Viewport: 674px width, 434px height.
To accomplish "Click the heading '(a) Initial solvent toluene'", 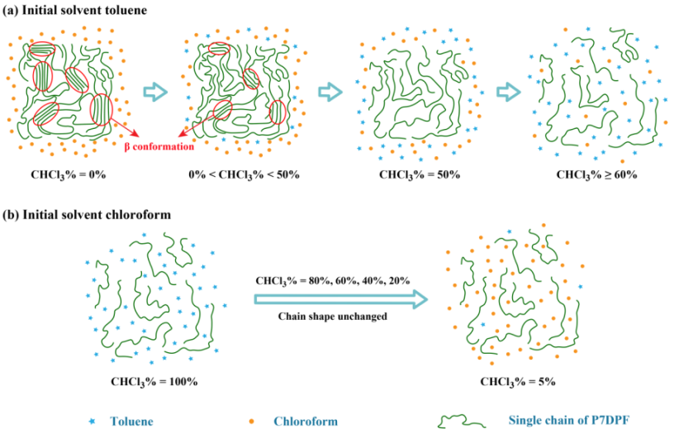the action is tap(75, 10).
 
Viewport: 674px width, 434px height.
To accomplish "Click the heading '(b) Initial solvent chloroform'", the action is tap(87, 214).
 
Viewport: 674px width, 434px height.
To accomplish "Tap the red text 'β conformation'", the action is tap(159, 146).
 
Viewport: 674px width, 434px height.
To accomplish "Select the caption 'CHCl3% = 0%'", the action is tap(69, 174).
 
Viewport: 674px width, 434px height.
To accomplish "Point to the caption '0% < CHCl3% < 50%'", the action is tap(244, 174).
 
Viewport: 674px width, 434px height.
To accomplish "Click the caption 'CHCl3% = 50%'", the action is tap(420, 174).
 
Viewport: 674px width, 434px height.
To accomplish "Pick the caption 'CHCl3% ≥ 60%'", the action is tap(596, 174).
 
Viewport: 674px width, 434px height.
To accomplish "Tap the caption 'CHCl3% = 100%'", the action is tap(154, 382).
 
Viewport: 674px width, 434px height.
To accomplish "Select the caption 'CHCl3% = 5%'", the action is tap(518, 382).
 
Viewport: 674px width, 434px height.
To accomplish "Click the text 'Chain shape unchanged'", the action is tap(332, 317).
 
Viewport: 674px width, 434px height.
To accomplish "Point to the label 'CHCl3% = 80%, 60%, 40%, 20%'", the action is tap(333, 281).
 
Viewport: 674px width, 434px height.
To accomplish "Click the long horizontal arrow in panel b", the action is tap(341, 299).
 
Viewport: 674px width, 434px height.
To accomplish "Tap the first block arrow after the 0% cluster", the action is tap(155, 92).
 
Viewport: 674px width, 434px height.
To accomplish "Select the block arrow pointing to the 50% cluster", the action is tap(330, 92).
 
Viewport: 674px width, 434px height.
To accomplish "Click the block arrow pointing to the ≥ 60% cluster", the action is tap(509, 92).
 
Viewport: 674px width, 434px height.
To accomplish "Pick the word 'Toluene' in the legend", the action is tap(131, 421).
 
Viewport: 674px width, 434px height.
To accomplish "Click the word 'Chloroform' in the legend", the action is tap(306, 421).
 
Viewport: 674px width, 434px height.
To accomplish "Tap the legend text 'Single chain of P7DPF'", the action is tap(568, 420).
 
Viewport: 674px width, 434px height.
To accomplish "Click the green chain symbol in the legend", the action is tap(462, 421).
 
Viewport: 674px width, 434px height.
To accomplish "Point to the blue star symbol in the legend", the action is tap(92, 422).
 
